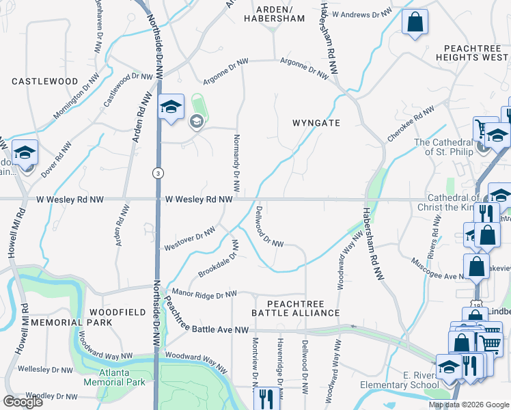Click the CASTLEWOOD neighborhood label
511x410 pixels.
click(45, 81)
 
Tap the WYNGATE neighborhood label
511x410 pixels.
click(316, 122)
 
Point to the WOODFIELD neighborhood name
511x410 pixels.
click(117, 312)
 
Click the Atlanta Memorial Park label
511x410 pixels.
click(114, 377)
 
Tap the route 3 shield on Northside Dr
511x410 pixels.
click(158, 174)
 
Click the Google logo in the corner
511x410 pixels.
click(23, 402)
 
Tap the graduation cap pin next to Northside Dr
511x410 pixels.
click(171, 107)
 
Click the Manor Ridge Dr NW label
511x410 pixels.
click(204, 294)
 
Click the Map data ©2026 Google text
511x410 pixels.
click(468, 405)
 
